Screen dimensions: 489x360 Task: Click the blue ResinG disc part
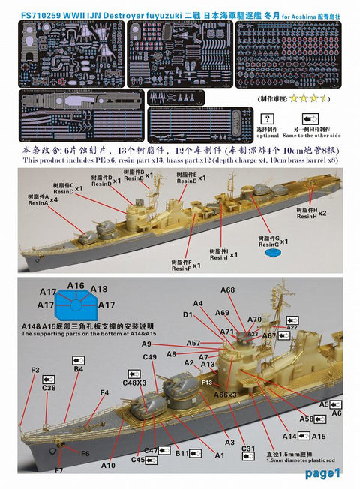coord(271,253)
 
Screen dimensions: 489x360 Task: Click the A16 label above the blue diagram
coord(75,286)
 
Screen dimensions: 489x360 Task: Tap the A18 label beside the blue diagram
coord(99,288)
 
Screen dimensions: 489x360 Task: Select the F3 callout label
coord(35,370)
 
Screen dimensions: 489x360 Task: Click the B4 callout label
coord(78,369)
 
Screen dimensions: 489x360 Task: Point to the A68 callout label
coord(227,290)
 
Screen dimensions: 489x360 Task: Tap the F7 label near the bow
coord(58,470)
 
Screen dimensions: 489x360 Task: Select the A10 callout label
coord(108,466)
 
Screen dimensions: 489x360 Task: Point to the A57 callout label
coord(193,343)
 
